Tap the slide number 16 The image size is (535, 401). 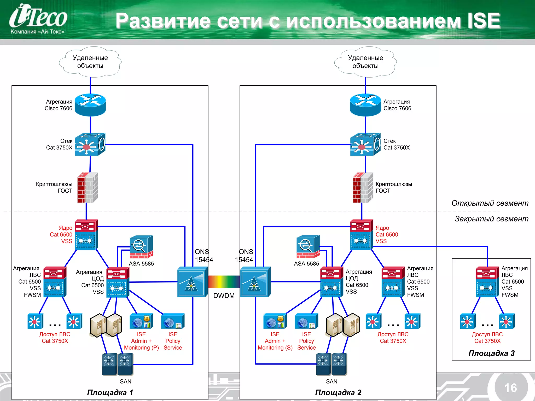pos(510,388)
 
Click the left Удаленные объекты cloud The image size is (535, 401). pos(90,62)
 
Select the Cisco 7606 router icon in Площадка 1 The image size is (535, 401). pos(90,105)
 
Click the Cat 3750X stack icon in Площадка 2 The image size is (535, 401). pos(365,144)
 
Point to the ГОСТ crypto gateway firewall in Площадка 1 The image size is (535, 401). pos(88,187)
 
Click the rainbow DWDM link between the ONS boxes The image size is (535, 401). pos(224,282)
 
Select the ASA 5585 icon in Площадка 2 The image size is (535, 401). pos(308,247)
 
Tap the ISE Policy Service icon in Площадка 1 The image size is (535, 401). pos(173,321)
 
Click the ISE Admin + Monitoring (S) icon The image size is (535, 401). pos(275,321)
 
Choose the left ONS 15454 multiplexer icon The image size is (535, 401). pos(192,282)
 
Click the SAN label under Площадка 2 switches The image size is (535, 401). pos(332,381)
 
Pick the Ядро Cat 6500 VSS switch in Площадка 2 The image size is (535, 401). pos(361,235)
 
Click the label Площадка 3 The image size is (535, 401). pos(491,353)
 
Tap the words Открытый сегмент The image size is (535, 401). pos(490,203)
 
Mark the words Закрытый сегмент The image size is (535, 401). pos(491,219)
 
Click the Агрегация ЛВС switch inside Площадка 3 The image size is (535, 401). pos(487,282)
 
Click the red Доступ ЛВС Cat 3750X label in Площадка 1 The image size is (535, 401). pos(55,338)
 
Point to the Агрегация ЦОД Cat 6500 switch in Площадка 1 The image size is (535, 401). pos(118,282)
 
